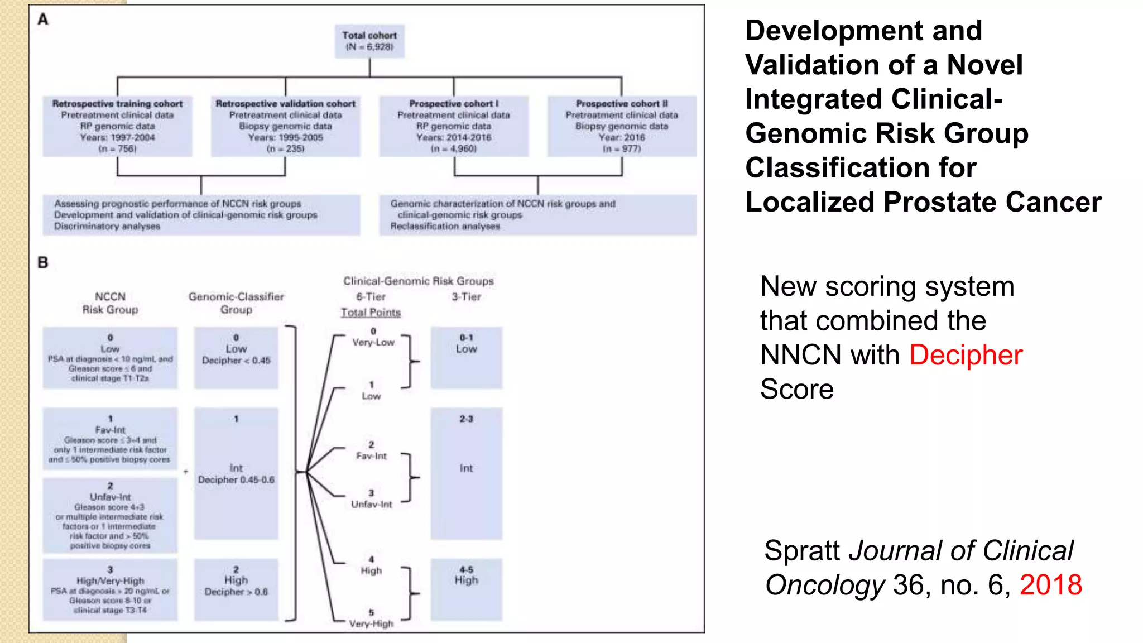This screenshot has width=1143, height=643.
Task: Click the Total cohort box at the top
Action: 369,41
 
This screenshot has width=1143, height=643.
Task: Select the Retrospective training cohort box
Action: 117,126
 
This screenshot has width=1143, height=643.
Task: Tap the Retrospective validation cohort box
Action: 285,126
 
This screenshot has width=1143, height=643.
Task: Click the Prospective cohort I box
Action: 454,126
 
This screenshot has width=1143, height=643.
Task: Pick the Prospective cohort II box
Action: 622,126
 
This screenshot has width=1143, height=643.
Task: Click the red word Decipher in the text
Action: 966,355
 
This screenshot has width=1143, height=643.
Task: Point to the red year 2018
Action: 1050,585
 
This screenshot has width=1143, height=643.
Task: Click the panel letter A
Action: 43,20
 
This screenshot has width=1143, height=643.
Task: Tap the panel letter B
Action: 43,262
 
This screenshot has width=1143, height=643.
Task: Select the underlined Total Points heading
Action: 371,313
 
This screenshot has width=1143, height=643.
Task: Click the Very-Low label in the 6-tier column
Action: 373,342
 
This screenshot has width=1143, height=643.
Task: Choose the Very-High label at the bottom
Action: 371,623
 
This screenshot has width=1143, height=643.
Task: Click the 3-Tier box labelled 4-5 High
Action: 466,589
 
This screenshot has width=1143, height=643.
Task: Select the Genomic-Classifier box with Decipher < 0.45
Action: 236,357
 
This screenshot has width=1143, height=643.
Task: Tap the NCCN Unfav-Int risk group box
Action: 110,515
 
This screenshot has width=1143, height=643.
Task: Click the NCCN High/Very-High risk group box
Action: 110,589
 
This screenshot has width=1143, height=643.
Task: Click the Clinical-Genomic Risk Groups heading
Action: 418,281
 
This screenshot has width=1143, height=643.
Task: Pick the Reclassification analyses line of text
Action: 445,226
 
